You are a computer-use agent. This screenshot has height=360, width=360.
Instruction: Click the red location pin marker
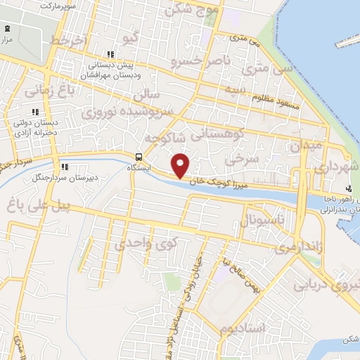(181, 165)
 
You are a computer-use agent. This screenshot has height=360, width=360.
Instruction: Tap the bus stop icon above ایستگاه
(139, 156)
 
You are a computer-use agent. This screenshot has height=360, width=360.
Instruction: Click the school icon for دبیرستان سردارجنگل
(65, 167)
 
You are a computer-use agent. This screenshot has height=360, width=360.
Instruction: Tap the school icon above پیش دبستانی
(109, 54)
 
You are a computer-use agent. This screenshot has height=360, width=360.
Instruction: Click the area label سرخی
(238, 160)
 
